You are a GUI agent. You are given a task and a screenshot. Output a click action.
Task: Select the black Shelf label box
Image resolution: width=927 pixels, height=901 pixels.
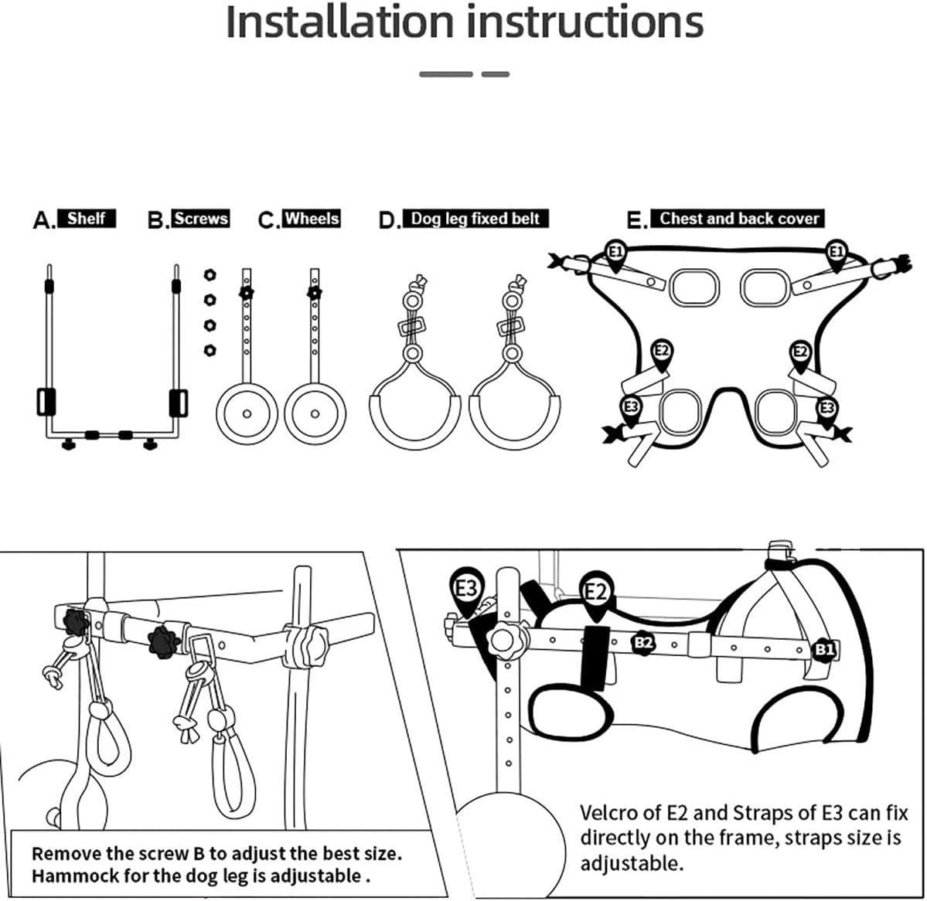click(87, 219)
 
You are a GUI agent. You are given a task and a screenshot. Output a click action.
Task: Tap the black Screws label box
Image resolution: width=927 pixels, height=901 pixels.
click(201, 219)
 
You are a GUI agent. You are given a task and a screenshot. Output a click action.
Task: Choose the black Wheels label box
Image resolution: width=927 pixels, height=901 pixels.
click(312, 219)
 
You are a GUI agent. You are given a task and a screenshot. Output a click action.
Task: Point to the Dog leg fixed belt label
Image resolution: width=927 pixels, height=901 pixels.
click(475, 219)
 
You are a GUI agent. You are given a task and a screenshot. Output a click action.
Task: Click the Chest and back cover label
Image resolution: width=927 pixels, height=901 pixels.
click(738, 219)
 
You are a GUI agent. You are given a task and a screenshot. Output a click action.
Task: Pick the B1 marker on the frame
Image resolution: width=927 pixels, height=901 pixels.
click(824, 650)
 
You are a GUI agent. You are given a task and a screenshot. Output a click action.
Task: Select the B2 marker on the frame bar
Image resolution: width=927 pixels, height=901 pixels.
click(643, 642)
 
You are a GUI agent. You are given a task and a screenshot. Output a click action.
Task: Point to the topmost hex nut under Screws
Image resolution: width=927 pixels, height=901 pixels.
click(210, 274)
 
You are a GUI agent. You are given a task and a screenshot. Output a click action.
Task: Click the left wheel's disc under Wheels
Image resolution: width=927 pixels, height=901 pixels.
click(247, 413)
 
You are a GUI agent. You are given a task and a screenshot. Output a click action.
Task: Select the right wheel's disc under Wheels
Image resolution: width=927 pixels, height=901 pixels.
click(315, 413)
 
